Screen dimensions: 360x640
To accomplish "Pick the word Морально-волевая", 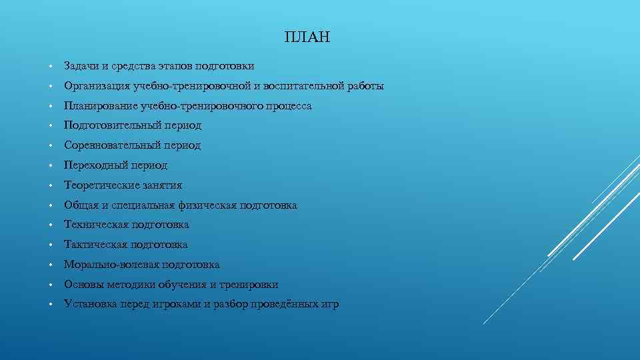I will pyautogui.click(x=111, y=265).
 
